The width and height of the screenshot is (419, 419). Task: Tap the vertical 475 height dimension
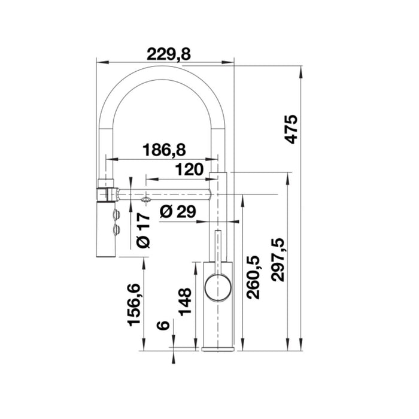click(291, 128)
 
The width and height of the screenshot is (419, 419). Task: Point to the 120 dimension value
click(188, 170)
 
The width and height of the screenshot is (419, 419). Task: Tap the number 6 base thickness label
click(161, 326)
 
